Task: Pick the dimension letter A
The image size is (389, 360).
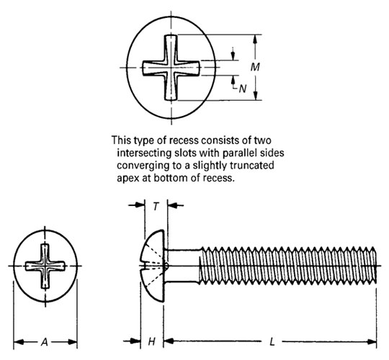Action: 45,342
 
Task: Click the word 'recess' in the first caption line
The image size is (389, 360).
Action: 178,140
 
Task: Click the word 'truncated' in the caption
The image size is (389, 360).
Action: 257,165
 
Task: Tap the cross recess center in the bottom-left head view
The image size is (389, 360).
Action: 45,266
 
